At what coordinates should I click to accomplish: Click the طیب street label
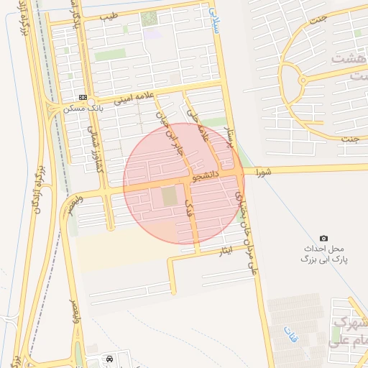108,15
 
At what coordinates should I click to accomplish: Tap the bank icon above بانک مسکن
83,98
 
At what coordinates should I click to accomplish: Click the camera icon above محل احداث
323,238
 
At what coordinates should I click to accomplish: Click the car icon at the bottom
109,358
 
